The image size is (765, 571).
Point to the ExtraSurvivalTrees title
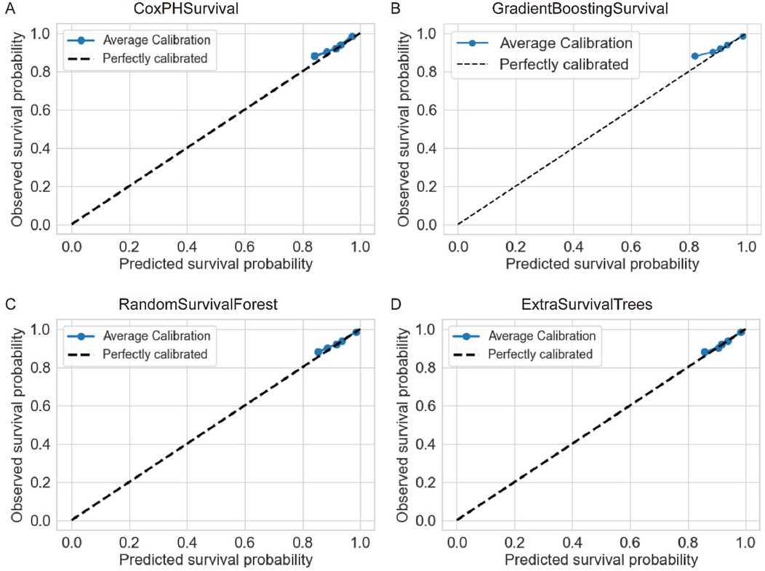[601, 305]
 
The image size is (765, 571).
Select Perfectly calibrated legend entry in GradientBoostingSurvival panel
[563, 64]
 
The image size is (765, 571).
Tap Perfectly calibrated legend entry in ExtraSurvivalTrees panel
[540, 354]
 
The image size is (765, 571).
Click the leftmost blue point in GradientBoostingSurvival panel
[694, 56]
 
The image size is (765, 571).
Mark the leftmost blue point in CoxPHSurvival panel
[315, 56]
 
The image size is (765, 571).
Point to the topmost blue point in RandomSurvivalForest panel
[356, 332]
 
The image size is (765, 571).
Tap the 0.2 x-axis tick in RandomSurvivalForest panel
[129, 540]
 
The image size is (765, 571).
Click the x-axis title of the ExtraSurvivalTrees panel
[601, 560]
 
